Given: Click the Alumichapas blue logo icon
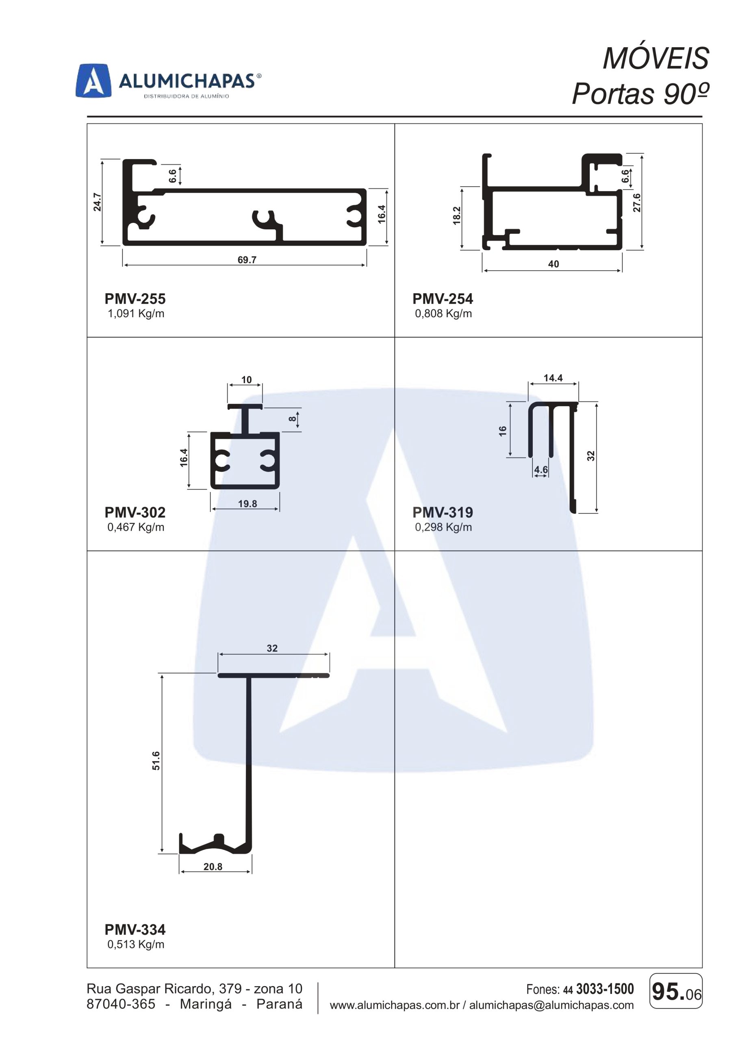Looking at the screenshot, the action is [93, 81].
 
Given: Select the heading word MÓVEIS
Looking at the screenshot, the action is [656, 59].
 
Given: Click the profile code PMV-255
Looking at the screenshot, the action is [135, 299].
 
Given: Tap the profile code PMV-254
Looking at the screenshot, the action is [443, 299].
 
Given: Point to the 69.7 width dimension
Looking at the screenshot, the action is [247, 260].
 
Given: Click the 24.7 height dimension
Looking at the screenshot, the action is [97, 202].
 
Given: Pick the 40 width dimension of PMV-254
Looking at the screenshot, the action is [554, 264].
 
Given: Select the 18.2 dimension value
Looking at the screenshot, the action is [456, 215].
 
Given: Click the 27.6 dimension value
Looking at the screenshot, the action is [637, 202].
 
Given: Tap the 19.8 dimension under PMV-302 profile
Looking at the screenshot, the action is [248, 504].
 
